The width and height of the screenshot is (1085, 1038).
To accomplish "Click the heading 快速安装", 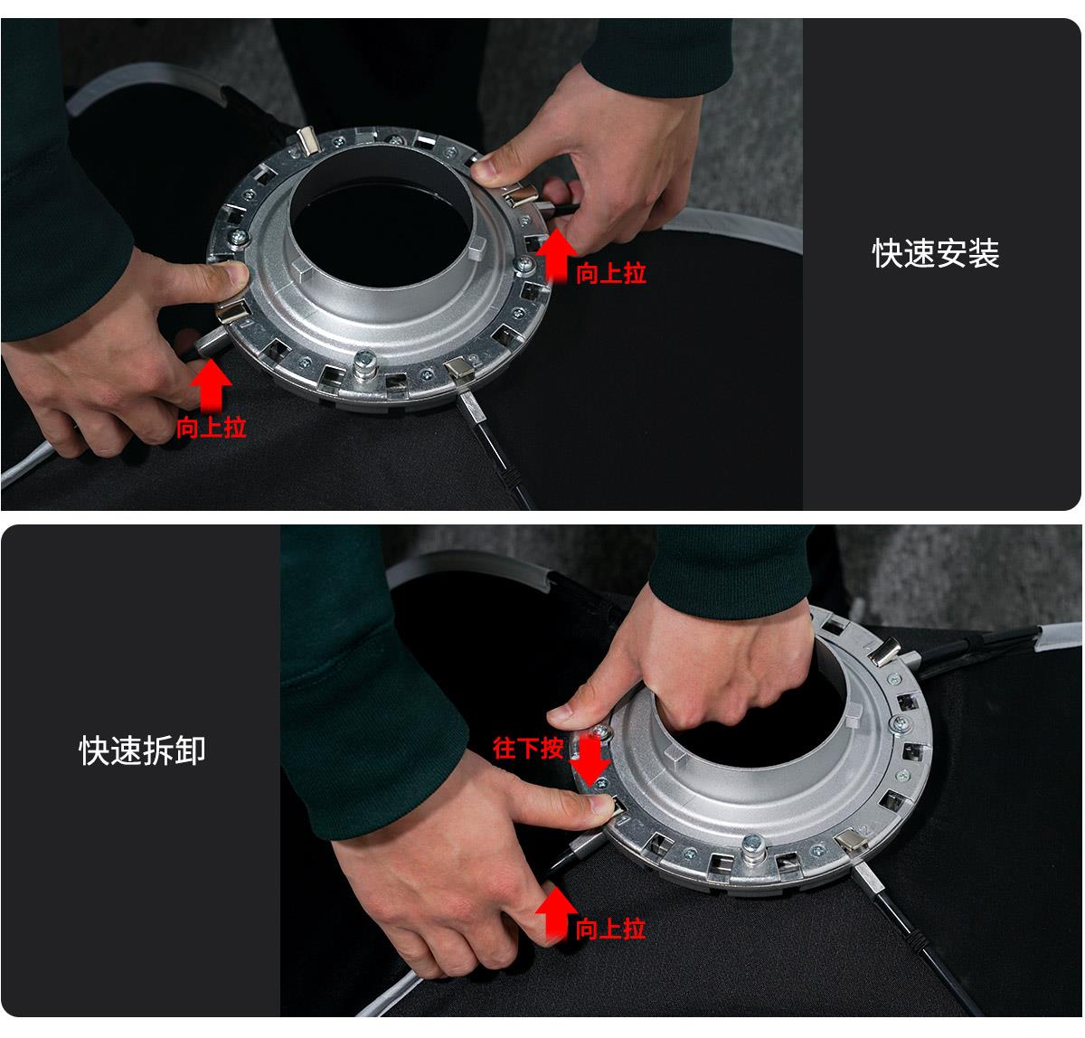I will (x=936, y=254).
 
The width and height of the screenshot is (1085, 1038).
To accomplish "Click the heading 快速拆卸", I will (x=143, y=750).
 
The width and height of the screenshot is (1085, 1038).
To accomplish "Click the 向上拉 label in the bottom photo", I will (x=610, y=928).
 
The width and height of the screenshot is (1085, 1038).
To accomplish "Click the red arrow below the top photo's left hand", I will (x=212, y=383).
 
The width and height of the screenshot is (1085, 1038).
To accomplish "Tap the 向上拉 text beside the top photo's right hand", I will (x=611, y=273).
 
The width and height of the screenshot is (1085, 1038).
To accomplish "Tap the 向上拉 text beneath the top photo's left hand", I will (x=211, y=427).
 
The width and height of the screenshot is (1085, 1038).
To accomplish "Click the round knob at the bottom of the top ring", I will (x=366, y=363).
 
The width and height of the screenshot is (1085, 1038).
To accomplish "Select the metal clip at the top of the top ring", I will (x=307, y=140).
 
